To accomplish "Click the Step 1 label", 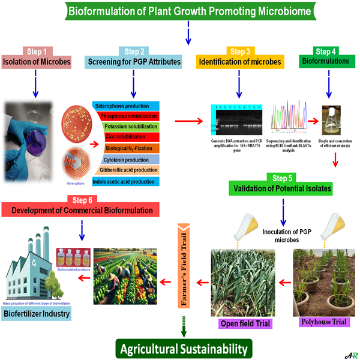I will coord(39,51).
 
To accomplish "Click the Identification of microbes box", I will coord(239,62).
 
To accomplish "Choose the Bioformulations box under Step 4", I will coord(327,62).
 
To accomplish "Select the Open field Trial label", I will coord(243,325).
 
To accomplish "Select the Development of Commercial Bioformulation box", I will coord(80,209).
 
